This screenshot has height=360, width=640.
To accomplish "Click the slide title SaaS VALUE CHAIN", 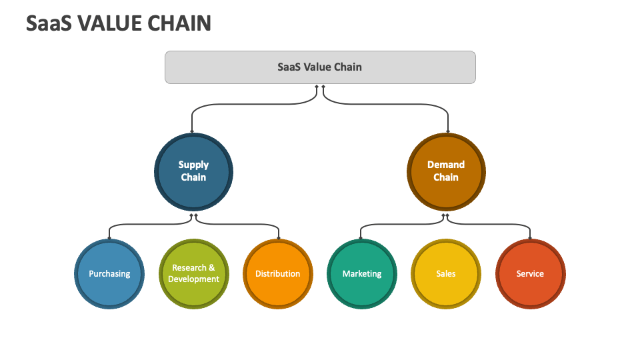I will point(119,23).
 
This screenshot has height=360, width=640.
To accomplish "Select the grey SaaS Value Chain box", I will point(320,67).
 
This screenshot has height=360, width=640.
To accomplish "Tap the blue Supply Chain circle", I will point(193,171).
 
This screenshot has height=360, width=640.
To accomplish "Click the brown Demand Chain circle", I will point(446,171).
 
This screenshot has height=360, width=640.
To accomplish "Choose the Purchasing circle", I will point(109,274).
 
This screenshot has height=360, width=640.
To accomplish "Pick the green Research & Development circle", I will point(193,274).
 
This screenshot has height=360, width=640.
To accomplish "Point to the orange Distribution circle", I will point(278,274).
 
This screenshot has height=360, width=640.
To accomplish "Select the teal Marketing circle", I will point(362,274).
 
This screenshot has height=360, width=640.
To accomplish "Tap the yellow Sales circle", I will point(446,274).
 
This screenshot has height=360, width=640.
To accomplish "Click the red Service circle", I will point(530,274).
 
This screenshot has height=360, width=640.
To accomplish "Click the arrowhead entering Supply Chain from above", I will point(192,131).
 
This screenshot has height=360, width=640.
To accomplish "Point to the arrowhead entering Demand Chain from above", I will point(447,131).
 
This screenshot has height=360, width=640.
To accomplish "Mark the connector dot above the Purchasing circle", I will point(109,237).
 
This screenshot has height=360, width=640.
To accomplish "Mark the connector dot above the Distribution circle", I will point(278,237).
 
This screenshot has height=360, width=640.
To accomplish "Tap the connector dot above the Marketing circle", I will point(361,237).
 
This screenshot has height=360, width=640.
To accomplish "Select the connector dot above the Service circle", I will point(530,237).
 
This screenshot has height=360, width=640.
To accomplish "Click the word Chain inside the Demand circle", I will point(446,177).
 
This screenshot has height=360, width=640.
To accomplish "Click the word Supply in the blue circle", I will point(193,165).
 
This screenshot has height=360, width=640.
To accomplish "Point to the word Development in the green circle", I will point(193,279).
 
